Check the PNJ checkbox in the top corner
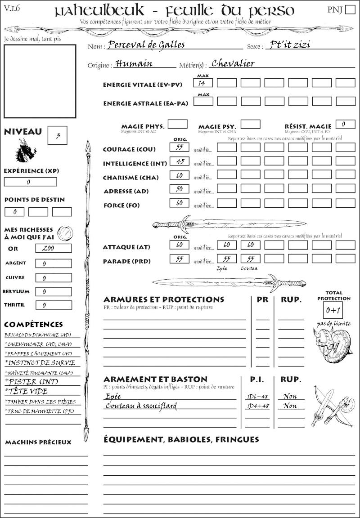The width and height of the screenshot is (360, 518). pyautogui.click(x=349, y=10)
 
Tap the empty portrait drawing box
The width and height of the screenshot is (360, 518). pyautogui.click(x=40, y=81)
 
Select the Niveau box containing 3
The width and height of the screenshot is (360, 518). pyautogui.click(x=58, y=135)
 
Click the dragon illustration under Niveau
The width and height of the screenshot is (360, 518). pyautogui.click(x=25, y=151)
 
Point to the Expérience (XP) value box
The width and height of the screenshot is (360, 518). pyautogui.click(x=31, y=182)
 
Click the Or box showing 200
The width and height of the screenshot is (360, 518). pyautogui.click(x=53, y=248)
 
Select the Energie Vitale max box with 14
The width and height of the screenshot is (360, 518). pyautogui.click(x=203, y=83)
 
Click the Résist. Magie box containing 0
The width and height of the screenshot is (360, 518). pyautogui.click(x=346, y=124)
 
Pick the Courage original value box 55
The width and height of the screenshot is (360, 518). pyautogui.click(x=179, y=147)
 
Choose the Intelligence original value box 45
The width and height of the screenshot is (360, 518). pyautogui.click(x=179, y=161)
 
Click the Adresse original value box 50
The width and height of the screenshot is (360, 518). pyautogui.click(x=179, y=189)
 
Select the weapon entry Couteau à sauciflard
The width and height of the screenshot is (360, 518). pyautogui.click(x=141, y=406)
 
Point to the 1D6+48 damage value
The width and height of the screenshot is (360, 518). pyautogui.click(x=258, y=396)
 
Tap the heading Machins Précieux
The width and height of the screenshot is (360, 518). pyautogui.click(x=38, y=442)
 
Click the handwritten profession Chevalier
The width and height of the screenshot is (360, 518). pyautogui.click(x=233, y=63)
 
